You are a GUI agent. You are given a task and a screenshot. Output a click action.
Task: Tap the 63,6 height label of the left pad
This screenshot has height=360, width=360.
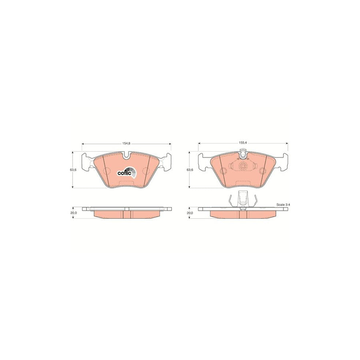coord(73,170)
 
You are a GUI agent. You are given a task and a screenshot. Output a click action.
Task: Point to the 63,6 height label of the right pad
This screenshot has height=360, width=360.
coord(190,170)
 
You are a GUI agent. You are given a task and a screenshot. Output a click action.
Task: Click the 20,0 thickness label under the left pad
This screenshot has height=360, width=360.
coord(73,213)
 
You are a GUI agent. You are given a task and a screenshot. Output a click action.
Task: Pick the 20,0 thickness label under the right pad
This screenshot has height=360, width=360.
coord(190,213)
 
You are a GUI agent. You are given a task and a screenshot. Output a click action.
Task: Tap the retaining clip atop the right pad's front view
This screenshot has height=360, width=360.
coord(243,152)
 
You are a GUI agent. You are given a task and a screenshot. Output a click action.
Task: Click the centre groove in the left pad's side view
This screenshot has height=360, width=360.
coord(126,214)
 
